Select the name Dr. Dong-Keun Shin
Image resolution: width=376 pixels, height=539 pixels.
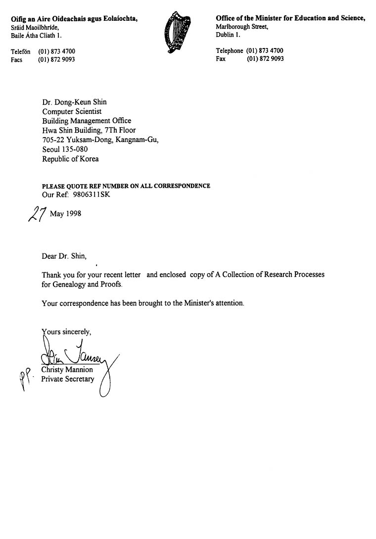74,102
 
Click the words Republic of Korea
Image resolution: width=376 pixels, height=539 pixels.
70,159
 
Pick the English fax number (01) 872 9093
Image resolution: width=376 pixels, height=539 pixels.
265,59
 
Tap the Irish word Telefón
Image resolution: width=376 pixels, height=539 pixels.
21,51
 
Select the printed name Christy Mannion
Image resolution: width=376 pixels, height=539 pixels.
67,370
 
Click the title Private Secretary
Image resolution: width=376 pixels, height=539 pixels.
67,379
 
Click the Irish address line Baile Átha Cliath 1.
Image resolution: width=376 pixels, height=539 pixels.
37,36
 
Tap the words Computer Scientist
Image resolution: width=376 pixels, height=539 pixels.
72,112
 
